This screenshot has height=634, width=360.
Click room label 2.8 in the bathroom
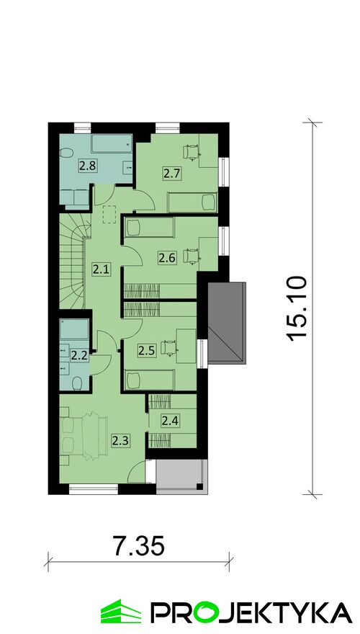(x=87, y=166)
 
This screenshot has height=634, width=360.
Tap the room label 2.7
(x=171, y=174)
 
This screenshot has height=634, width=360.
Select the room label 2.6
(x=167, y=258)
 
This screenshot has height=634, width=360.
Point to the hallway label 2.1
(x=101, y=269)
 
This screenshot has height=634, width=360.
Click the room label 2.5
(x=146, y=351)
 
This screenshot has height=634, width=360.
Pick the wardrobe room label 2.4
(x=170, y=421)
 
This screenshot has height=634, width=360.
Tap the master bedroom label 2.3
(x=120, y=440)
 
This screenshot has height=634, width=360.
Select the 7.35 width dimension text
(x=139, y=547)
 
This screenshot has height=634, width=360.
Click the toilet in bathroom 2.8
(x=66, y=153)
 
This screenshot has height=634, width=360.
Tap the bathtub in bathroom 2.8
(x=112, y=143)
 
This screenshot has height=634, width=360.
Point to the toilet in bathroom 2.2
(x=77, y=383)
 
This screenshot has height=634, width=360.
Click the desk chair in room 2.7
(x=192, y=152)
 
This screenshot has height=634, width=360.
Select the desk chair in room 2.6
(x=191, y=256)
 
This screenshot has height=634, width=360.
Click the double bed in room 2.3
(x=85, y=436)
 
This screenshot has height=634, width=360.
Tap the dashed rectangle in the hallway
(x=110, y=214)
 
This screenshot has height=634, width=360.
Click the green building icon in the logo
(x=121, y=612)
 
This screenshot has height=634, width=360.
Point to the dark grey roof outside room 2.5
(x=226, y=323)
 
